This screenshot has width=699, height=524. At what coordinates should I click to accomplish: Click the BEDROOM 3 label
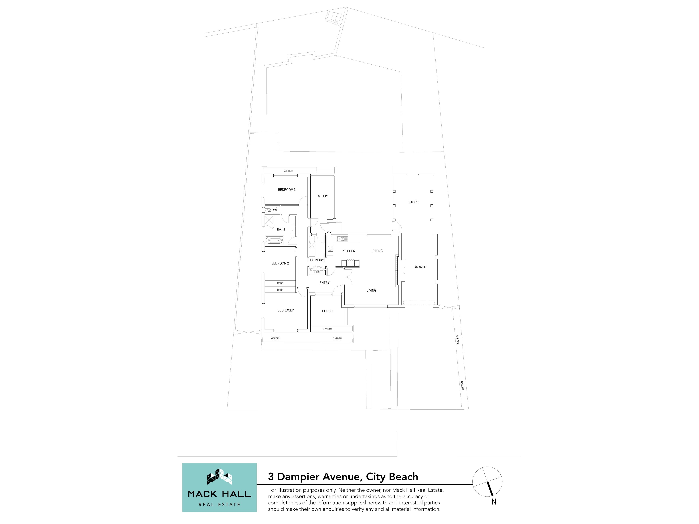click(287, 190)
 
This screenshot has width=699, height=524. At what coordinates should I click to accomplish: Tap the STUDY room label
click(323, 196)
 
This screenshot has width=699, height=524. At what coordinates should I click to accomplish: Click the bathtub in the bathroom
click(274, 240)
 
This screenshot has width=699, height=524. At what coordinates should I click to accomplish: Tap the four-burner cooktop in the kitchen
click(330, 248)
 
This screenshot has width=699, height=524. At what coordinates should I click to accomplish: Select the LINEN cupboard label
click(317, 272)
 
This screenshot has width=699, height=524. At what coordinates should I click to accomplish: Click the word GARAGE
click(420, 267)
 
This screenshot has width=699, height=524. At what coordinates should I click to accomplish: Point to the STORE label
click(413, 202)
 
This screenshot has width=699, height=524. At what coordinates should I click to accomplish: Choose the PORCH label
click(327, 311)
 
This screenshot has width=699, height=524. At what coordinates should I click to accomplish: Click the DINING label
click(377, 251)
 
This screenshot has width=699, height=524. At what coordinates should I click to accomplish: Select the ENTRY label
click(324, 283)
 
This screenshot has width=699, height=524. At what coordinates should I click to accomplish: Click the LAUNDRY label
click(317, 260)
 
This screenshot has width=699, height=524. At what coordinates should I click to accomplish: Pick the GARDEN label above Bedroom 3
click(288, 171)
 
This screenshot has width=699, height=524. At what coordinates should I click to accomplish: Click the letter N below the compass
click(494, 502)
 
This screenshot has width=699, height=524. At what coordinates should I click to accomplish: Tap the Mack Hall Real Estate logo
click(219, 487)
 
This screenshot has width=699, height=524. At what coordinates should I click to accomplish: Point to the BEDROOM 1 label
click(286, 310)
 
